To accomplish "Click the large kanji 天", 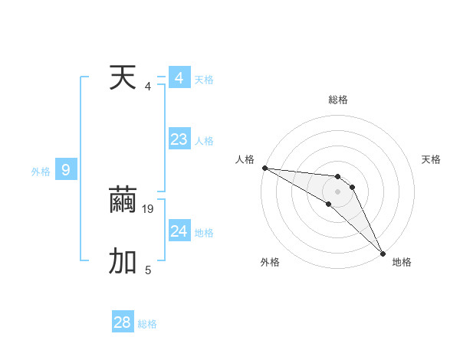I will (123, 78).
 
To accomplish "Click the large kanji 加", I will (123, 262).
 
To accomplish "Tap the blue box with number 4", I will (179, 78).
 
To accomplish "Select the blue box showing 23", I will (179, 139).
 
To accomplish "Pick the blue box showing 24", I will (179, 231).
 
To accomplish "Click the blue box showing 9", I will (66, 170).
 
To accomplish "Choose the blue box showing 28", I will (123, 322).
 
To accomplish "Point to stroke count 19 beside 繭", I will (149, 208).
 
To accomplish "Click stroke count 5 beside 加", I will (148, 270).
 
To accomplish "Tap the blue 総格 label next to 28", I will (148, 324).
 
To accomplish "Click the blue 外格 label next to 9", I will (41, 172).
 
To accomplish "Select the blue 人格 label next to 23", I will (205, 141).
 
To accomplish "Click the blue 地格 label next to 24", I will (205, 233).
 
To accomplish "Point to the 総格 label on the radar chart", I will (338, 100).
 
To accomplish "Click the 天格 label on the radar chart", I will (432, 159).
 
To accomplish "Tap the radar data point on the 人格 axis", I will (264, 168).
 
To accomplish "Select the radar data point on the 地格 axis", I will (383, 253).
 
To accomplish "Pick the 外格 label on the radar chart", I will (270, 262).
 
